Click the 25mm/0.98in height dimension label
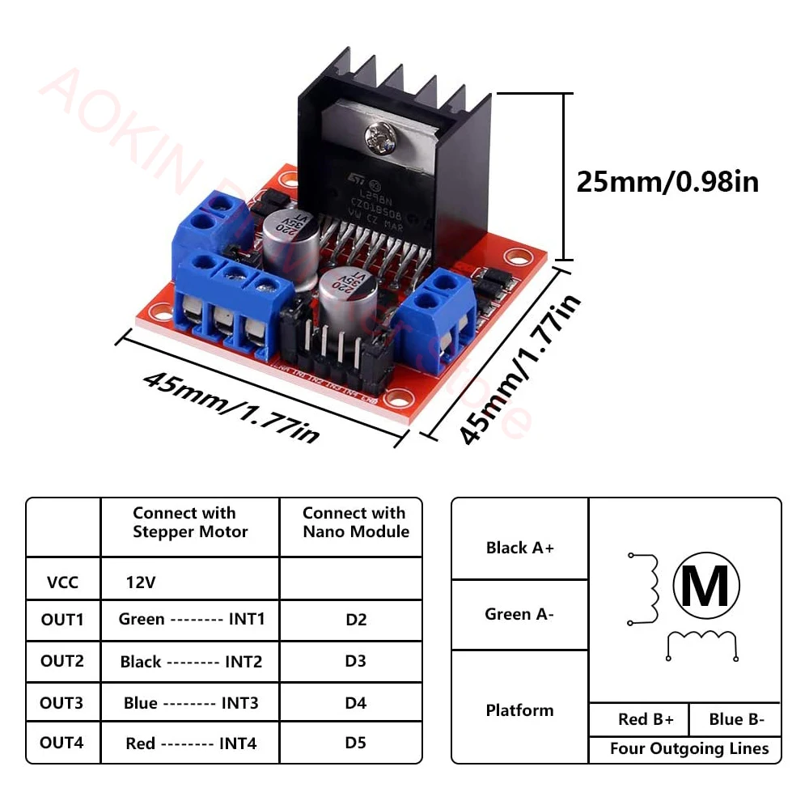[x=667, y=180]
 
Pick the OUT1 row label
[x=62, y=620]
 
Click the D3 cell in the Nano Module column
[x=355, y=661]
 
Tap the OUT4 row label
[x=62, y=742]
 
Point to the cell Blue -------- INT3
[x=191, y=702]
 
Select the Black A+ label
[x=520, y=548]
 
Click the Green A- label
[x=519, y=614]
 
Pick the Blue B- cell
[x=736, y=719]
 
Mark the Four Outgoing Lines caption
[x=689, y=748]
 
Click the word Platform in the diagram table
[x=519, y=710]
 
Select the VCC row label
[x=62, y=582]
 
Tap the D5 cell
[x=355, y=742]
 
